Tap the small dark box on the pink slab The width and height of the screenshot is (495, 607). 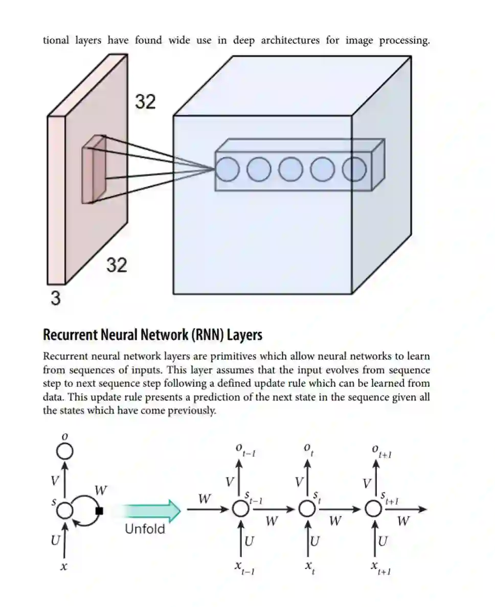pyautogui.click(x=94, y=169)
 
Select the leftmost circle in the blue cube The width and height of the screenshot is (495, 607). pyautogui.click(x=227, y=169)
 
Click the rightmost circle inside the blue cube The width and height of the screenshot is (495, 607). pyautogui.click(x=354, y=169)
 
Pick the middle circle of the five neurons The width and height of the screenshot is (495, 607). pyautogui.click(x=291, y=169)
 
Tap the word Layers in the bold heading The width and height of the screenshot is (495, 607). pyautogui.click(x=244, y=335)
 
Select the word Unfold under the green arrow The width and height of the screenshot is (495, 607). pyautogui.click(x=145, y=529)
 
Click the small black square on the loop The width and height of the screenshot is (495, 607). pyautogui.click(x=99, y=510)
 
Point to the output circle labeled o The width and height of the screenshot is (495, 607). pyautogui.click(x=64, y=451)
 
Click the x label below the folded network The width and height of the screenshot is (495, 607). pyautogui.click(x=64, y=567)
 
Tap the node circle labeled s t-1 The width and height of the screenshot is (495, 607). pyautogui.click(x=240, y=509)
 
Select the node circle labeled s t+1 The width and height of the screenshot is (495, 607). pyautogui.click(x=374, y=509)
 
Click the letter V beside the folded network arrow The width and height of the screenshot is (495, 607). pyautogui.click(x=56, y=481)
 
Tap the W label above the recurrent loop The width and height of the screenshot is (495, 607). pyautogui.click(x=101, y=490)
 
